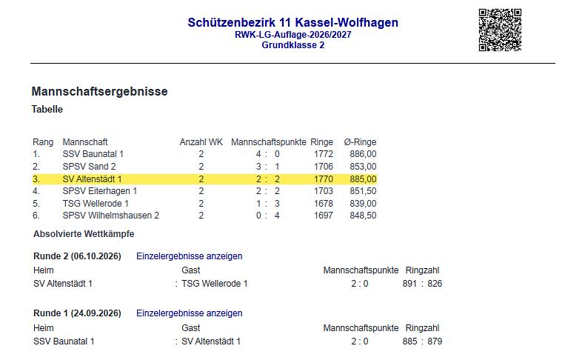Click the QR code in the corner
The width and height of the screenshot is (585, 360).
coord(500,30)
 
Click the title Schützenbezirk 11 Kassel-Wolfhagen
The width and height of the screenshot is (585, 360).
coord(293,22)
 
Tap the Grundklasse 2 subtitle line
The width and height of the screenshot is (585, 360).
coord(293,45)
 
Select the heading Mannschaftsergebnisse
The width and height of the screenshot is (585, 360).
coord(100,91)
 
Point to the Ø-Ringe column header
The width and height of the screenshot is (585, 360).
coord(360,142)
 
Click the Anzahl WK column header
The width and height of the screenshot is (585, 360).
coord(201,142)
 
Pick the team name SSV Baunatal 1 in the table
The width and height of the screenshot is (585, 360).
coord(93,154)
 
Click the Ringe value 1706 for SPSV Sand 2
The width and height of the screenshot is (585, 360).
coord(323,167)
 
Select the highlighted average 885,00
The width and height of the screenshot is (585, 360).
coord(363,179)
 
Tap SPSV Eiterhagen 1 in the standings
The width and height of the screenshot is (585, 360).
coord(100,191)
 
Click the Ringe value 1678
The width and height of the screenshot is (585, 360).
coord(323,204)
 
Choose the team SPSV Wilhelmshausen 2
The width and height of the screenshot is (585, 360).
coord(111,216)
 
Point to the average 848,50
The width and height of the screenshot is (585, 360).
coord(363,216)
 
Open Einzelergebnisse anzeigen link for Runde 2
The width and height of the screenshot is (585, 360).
coord(189,256)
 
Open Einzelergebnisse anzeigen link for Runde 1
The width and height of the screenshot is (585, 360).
coord(189,313)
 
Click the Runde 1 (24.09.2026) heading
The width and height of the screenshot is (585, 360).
coord(77,313)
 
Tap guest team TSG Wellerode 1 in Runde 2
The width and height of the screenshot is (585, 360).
coord(215,284)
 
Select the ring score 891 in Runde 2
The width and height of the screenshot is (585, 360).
coord(409,284)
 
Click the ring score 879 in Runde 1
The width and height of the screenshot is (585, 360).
coord(435,341)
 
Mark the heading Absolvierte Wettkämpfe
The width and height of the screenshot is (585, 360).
coord(84,234)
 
